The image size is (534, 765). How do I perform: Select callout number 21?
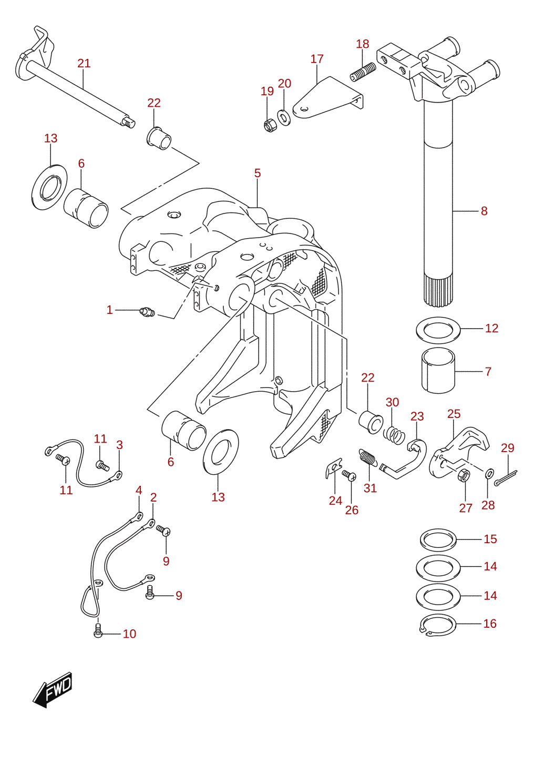pyautogui.click(x=84, y=63)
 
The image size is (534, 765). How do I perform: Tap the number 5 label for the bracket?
pyautogui.click(x=258, y=173)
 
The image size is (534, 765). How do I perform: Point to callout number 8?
pyautogui.click(x=484, y=211)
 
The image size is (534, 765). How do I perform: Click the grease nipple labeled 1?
pyautogui.click(x=147, y=311)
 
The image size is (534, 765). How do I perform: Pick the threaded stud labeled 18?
pyautogui.click(x=363, y=71)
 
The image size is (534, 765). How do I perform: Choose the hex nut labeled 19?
pyautogui.click(x=270, y=125)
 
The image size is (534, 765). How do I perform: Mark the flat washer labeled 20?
pyautogui.click(x=284, y=117)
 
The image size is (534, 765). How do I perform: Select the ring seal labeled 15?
pyautogui.click(x=438, y=540)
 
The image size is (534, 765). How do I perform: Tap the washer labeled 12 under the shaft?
pyautogui.click(x=438, y=330)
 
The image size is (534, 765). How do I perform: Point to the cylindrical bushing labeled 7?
pyautogui.click(x=438, y=371)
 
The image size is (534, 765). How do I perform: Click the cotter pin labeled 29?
pyautogui.click(x=506, y=477)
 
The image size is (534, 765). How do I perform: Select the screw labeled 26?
pyautogui.click(x=349, y=475)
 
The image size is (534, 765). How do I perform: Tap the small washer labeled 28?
pyautogui.click(x=489, y=473)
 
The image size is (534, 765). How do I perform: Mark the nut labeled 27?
pyautogui.click(x=464, y=475)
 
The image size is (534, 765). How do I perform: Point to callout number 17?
pyautogui.click(x=317, y=59)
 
